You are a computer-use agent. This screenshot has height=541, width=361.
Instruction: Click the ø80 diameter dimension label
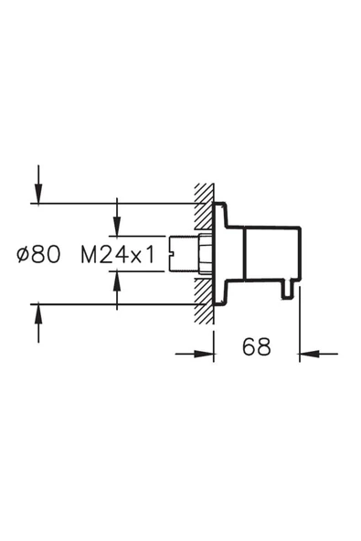click(x=38, y=255)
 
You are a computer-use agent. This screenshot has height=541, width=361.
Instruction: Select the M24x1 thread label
click(x=118, y=255)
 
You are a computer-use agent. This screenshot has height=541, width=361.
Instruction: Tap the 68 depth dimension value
click(x=257, y=346)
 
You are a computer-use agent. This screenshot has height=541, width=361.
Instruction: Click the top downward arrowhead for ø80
click(x=38, y=195)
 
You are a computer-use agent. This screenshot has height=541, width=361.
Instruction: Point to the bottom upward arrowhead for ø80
click(x=38, y=313)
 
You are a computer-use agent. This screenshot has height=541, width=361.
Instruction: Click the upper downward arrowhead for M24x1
click(x=117, y=227)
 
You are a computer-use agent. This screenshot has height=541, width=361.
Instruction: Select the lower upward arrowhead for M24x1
click(x=117, y=281)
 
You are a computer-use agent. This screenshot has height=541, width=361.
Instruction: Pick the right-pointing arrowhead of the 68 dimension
click(x=205, y=354)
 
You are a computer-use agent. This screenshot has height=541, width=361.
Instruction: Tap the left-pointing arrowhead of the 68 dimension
click(x=309, y=354)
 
